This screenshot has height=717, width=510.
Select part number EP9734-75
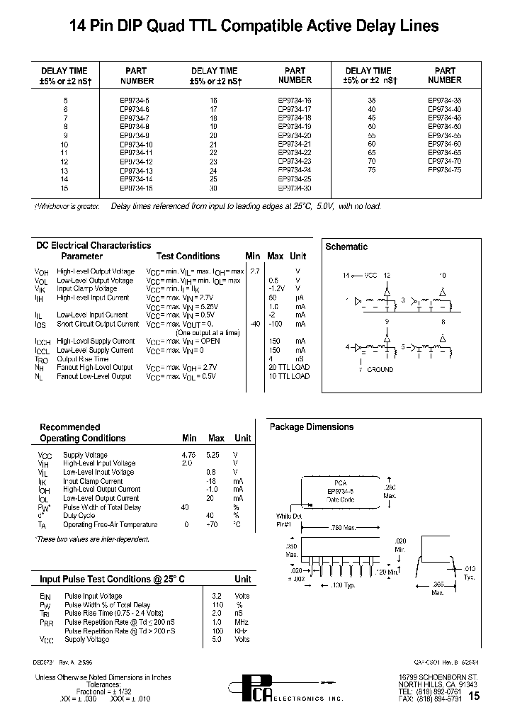coord(444,170)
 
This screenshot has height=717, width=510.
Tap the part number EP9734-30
coord(294,188)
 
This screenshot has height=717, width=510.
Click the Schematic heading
coord(346,247)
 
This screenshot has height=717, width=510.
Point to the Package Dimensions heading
coord(311,427)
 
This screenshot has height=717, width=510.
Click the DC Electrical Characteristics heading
coord(93,245)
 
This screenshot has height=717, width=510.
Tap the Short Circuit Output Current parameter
coord(98,324)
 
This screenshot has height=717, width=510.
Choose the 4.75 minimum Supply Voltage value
coord(188,455)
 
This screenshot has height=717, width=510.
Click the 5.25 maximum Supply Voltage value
coord(215,455)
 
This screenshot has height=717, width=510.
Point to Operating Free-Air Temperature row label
coord(110,524)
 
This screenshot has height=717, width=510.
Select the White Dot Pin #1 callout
coord(288,521)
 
